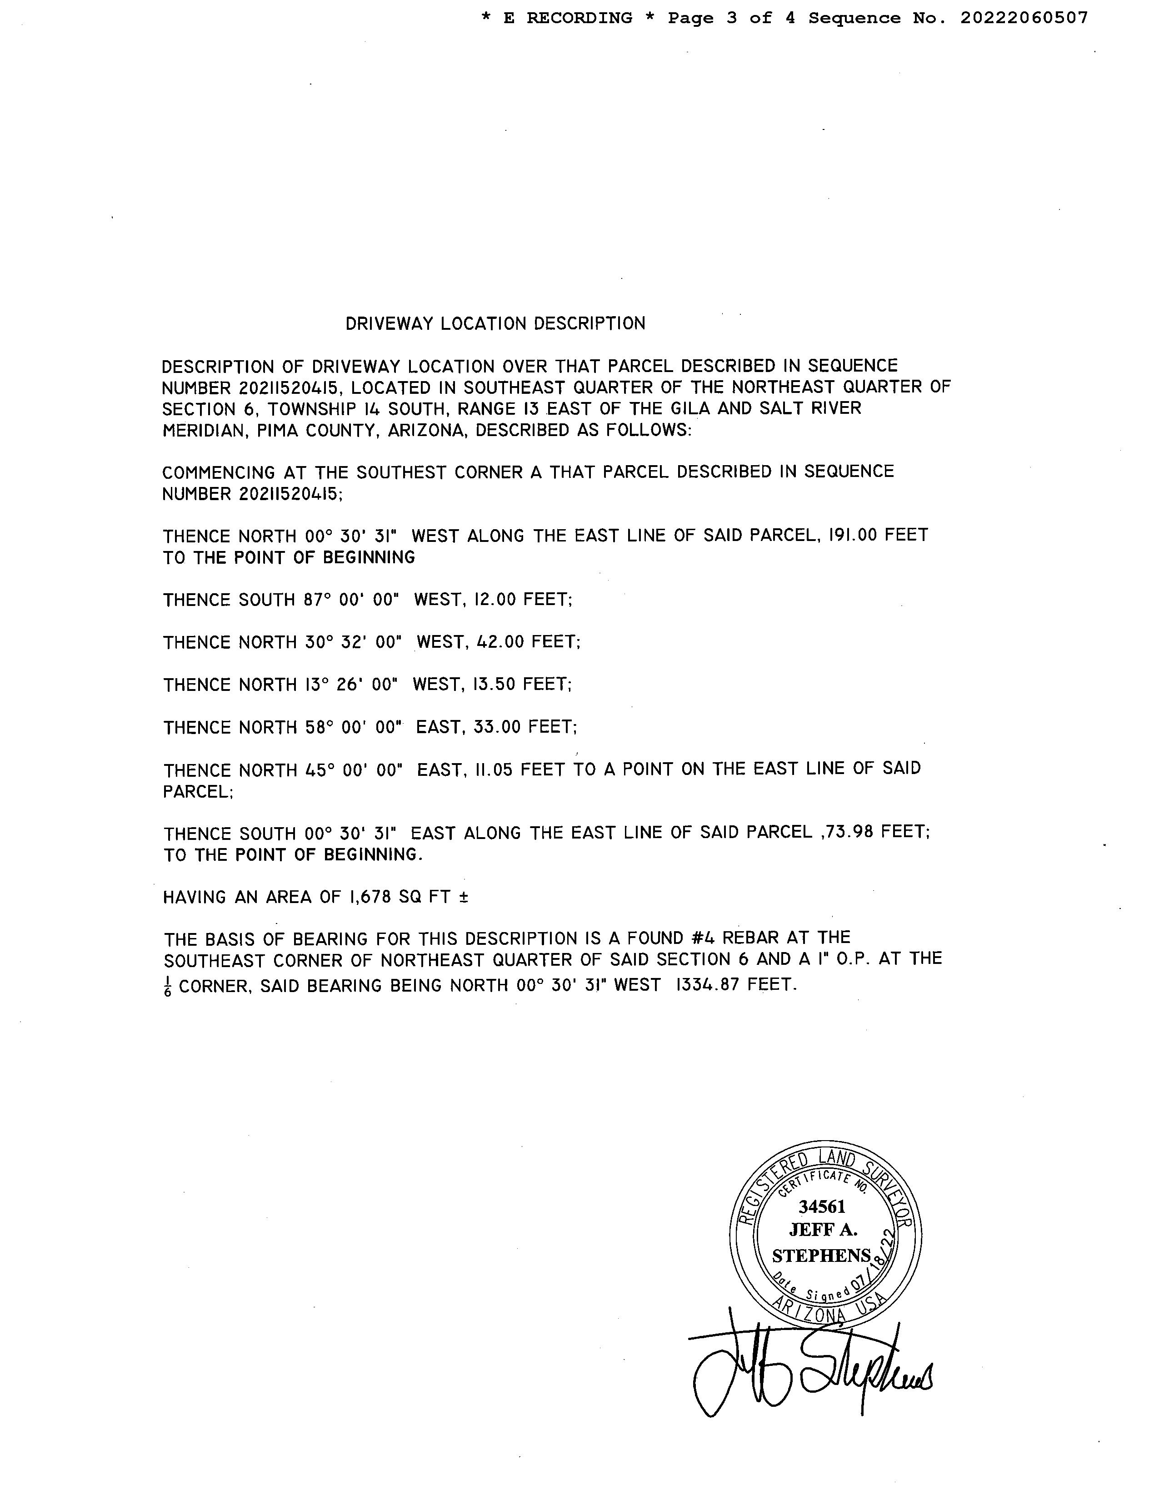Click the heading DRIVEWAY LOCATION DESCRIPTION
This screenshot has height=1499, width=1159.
[x=495, y=323]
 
